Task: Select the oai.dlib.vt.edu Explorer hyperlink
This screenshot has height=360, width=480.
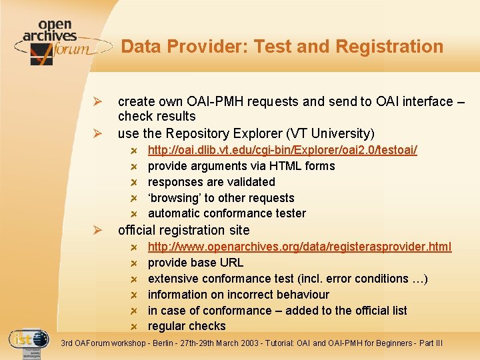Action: point(282,150)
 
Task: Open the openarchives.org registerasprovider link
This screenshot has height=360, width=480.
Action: point(299,247)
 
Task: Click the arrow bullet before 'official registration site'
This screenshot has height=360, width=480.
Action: point(97,231)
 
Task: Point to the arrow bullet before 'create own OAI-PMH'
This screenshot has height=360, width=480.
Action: point(97,102)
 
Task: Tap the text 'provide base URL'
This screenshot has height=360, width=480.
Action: point(195,263)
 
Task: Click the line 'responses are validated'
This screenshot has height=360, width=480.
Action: point(211,182)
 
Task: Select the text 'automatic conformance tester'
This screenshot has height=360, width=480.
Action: point(227,214)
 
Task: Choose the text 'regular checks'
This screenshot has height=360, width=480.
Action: point(187,327)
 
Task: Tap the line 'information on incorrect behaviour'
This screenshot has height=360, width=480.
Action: point(238,295)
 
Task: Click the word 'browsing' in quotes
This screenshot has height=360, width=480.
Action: point(174,198)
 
